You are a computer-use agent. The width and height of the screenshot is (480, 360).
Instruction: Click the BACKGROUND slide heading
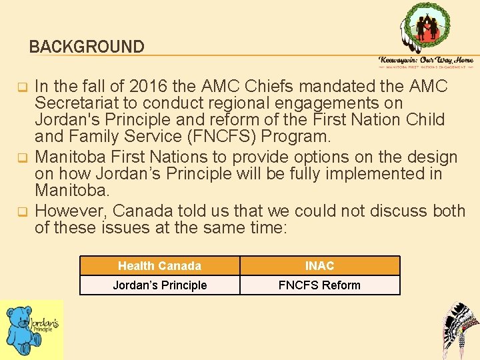point(87,47)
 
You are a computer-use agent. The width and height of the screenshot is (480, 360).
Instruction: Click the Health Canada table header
point(159,266)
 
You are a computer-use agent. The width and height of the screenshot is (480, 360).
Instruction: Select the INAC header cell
point(319,266)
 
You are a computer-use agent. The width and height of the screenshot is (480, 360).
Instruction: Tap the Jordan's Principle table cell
point(159,285)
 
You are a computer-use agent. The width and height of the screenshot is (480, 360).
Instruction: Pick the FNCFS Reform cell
point(319,285)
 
